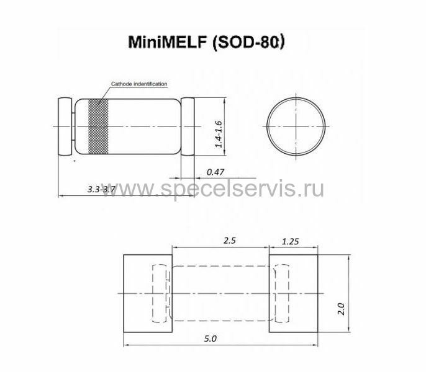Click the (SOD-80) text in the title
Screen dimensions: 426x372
pyautogui.click(x=248, y=42)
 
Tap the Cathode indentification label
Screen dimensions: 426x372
pyautogui.click(x=139, y=84)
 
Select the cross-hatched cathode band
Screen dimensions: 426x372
pyautogui.click(x=99, y=126)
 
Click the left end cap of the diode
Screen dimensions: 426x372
pyautogui.click(x=65, y=126)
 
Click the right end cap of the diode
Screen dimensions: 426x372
pyautogui.click(x=188, y=126)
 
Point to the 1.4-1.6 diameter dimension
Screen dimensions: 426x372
pyautogui.click(x=219, y=134)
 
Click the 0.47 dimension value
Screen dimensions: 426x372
pyautogui.click(x=215, y=172)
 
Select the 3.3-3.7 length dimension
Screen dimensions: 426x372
pyautogui.click(x=101, y=189)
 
